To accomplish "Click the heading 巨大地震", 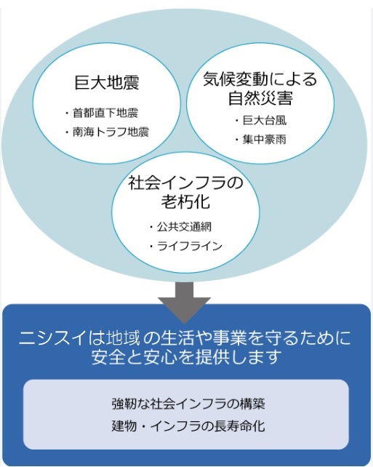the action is click(x=107, y=82).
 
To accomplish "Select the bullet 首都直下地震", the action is click(x=105, y=113).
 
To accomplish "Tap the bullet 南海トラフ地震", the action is click(x=111, y=132).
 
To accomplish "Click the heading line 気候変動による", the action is click(x=260, y=79).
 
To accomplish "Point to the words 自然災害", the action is click(x=260, y=97).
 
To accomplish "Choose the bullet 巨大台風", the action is click(x=265, y=120).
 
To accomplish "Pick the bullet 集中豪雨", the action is click(x=265, y=139).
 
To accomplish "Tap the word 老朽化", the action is click(x=185, y=201).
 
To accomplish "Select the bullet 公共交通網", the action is click(x=184, y=227).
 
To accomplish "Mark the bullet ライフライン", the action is click(x=190, y=246).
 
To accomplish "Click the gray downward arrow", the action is click(x=184, y=303).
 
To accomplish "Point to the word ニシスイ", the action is click(x=53, y=338).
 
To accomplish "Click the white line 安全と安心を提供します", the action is click(x=186, y=357).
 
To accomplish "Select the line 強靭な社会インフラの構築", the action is click(x=188, y=404).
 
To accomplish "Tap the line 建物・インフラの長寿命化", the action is click(x=188, y=426).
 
